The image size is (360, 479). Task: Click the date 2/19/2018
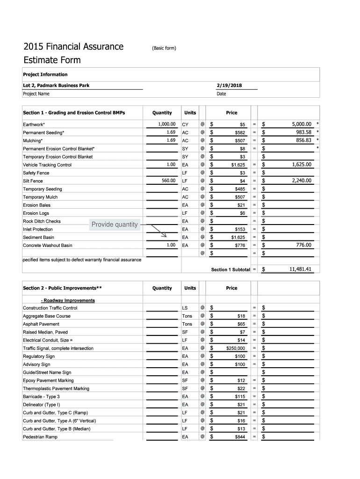coord(230,85)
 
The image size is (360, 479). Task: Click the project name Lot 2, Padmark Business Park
coord(56,85)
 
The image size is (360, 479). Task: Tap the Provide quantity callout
coord(115,225)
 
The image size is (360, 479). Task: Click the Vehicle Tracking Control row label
coord(47,165)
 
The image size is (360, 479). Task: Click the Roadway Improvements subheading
coord(68,300)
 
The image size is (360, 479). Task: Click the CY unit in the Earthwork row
coord(185,125)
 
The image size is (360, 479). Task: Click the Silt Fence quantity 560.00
coord(167,181)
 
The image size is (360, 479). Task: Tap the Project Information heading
coord(45,74)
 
